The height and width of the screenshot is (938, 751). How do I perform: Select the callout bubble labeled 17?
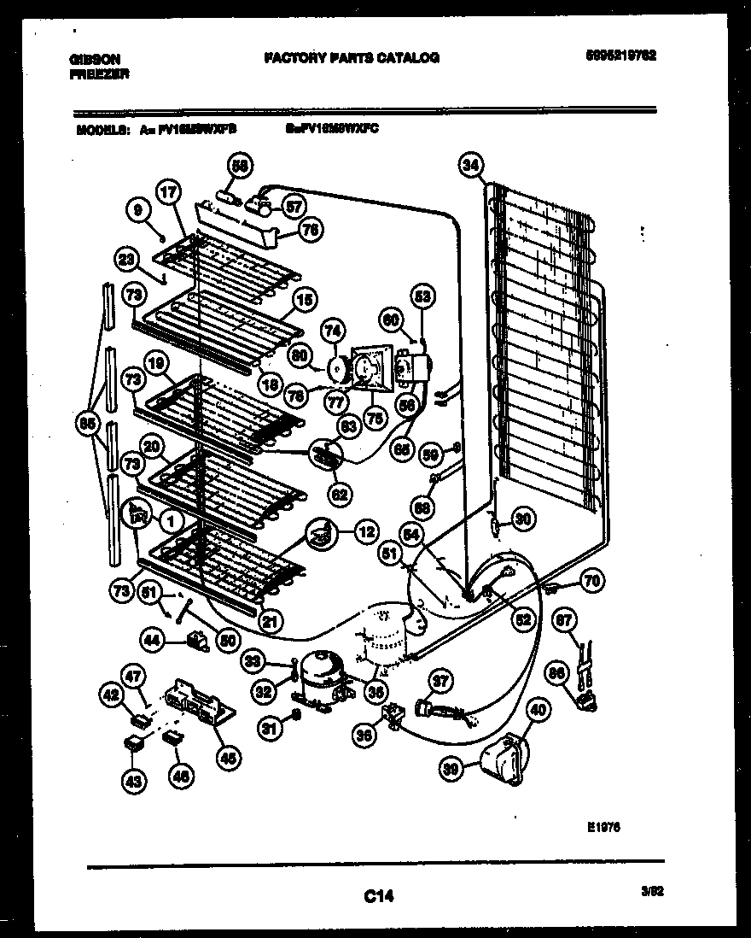(x=167, y=193)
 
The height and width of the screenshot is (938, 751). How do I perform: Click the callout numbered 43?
(x=137, y=778)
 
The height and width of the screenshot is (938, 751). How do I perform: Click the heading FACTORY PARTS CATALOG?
(x=352, y=58)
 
